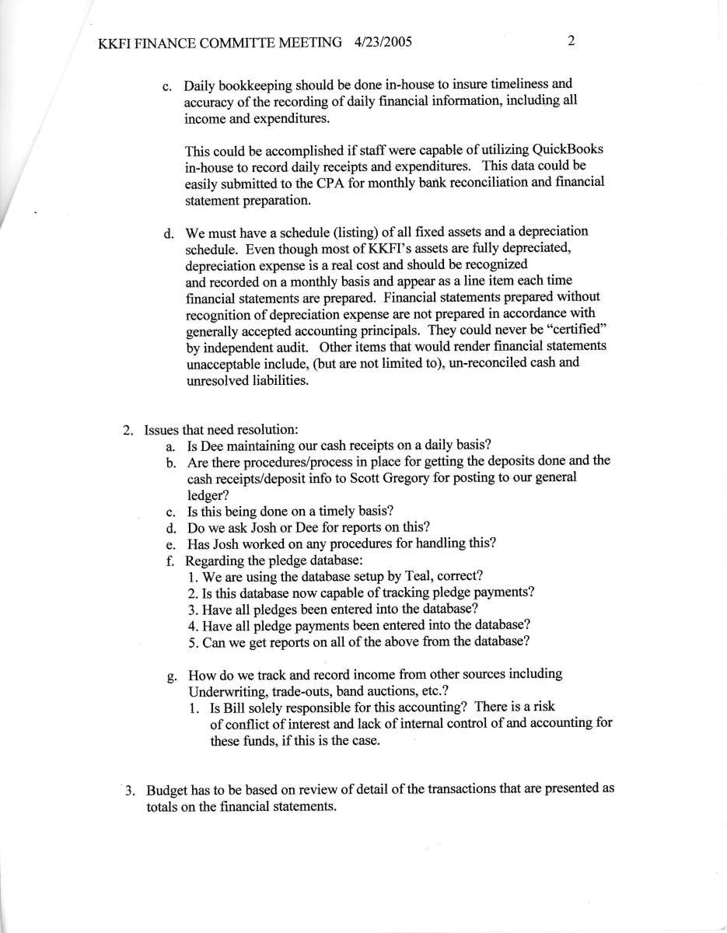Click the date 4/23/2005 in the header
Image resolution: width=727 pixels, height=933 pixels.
(x=383, y=42)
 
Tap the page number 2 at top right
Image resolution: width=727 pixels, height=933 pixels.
(x=571, y=41)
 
